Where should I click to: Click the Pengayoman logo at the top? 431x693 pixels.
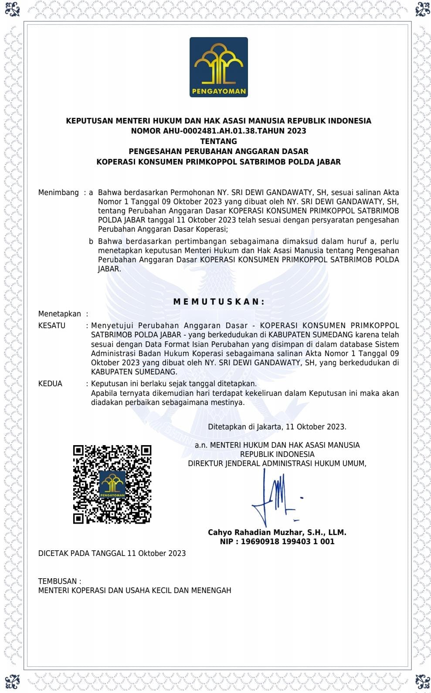(218, 67)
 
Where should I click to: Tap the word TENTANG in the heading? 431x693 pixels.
(218, 141)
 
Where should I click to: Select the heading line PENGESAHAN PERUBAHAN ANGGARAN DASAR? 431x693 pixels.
(218, 151)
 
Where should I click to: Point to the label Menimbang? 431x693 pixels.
(58, 192)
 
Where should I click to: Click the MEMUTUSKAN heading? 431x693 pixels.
(219, 302)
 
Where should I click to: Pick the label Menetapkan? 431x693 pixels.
(60, 314)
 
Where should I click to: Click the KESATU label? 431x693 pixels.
(52, 326)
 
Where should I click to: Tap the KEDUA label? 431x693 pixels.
(50, 384)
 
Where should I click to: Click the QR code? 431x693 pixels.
(112, 484)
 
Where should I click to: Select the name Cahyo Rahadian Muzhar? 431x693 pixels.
(256, 532)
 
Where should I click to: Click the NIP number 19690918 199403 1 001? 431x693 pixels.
(288, 542)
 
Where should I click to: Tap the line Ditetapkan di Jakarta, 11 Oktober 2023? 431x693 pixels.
(277, 427)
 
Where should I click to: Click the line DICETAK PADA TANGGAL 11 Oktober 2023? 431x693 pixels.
(112, 553)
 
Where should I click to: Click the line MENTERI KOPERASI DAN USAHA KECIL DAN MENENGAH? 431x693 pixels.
(135, 590)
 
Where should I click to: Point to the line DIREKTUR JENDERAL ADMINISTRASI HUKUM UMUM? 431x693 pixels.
(277, 463)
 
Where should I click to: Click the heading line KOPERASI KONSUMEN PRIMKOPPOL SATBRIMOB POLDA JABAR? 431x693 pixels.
(218, 162)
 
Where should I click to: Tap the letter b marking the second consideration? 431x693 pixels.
(91, 241)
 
